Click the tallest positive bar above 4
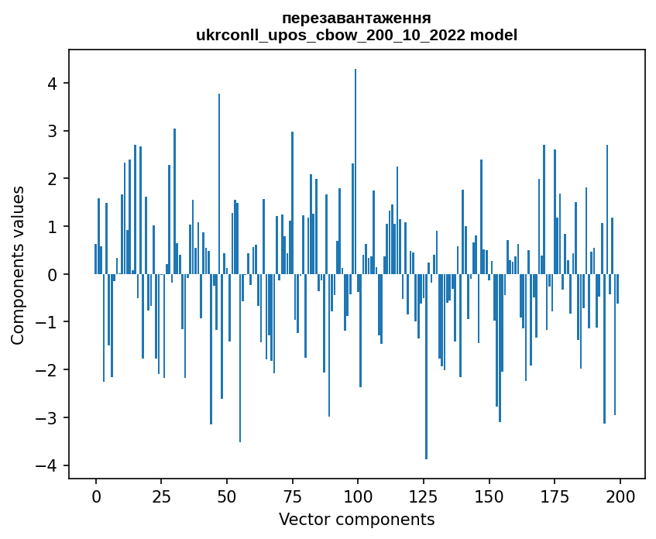[355, 170]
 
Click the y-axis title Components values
[18, 265]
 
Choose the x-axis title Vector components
[356, 519]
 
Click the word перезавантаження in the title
[356, 18]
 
